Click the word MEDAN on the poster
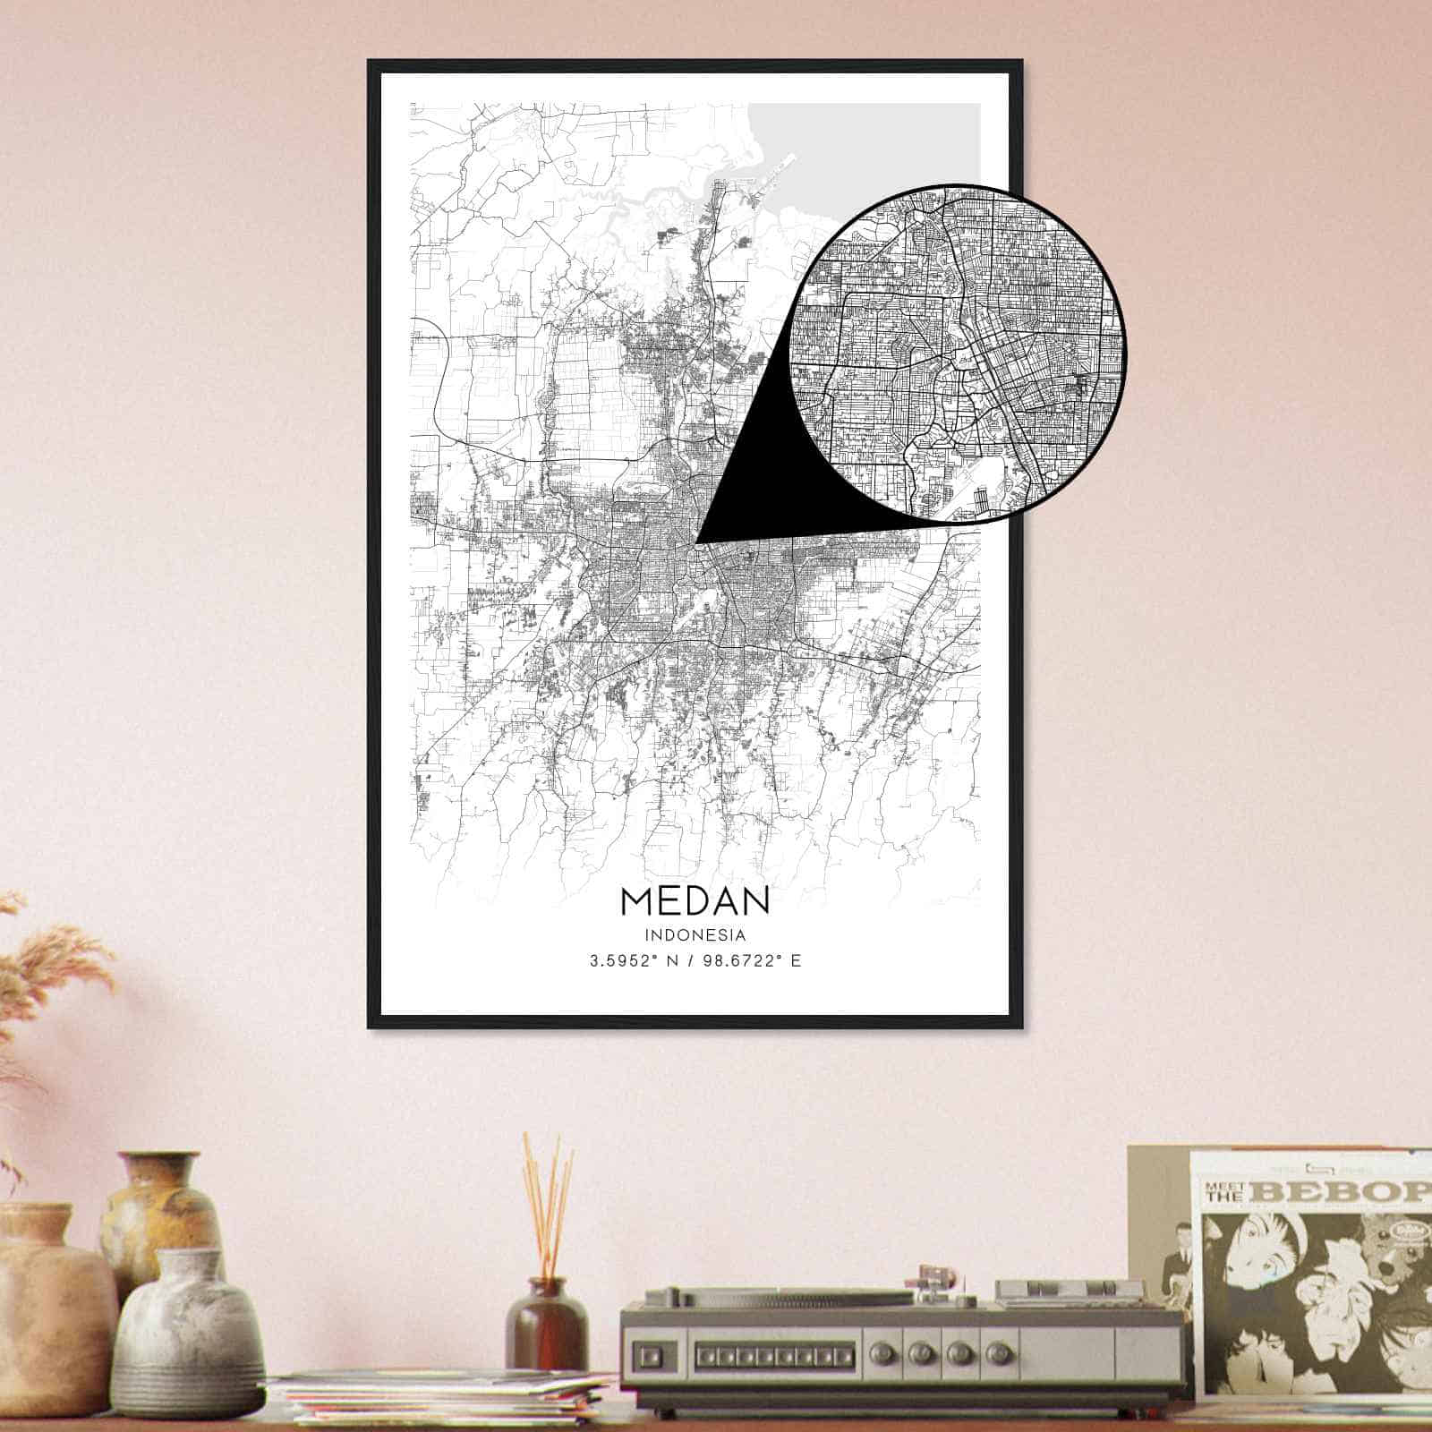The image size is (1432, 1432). click(694, 900)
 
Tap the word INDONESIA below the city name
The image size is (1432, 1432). click(695, 935)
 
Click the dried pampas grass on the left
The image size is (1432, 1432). click(54, 976)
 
